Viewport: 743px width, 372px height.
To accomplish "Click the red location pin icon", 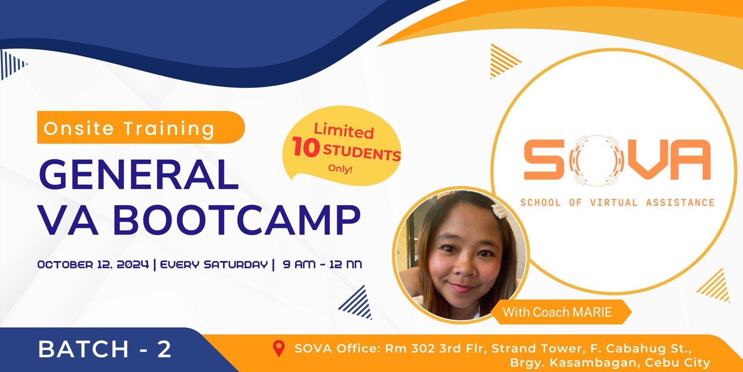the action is pyautogui.click(x=279, y=348).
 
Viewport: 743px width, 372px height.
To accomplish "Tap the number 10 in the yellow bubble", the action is pyautogui.click(x=306, y=147).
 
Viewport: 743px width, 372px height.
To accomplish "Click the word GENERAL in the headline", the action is pyautogui.click(x=139, y=175).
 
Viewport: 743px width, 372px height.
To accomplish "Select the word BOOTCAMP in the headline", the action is pyautogui.click(x=237, y=219).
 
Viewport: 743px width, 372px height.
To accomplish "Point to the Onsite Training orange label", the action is pyautogui.click(x=141, y=127).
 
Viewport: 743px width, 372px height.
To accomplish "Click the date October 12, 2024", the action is pyautogui.click(x=93, y=265).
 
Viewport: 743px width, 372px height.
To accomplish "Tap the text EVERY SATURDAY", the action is pyautogui.click(x=214, y=265).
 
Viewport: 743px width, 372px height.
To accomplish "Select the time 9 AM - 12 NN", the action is pyautogui.click(x=322, y=265).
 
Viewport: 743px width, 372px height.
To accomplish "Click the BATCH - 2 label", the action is pyautogui.click(x=105, y=349).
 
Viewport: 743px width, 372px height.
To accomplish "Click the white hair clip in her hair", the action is pyautogui.click(x=499, y=211).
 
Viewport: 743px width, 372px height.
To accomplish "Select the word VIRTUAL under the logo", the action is pyautogui.click(x=613, y=202).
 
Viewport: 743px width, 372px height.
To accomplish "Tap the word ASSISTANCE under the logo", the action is pyautogui.click(x=680, y=202).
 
